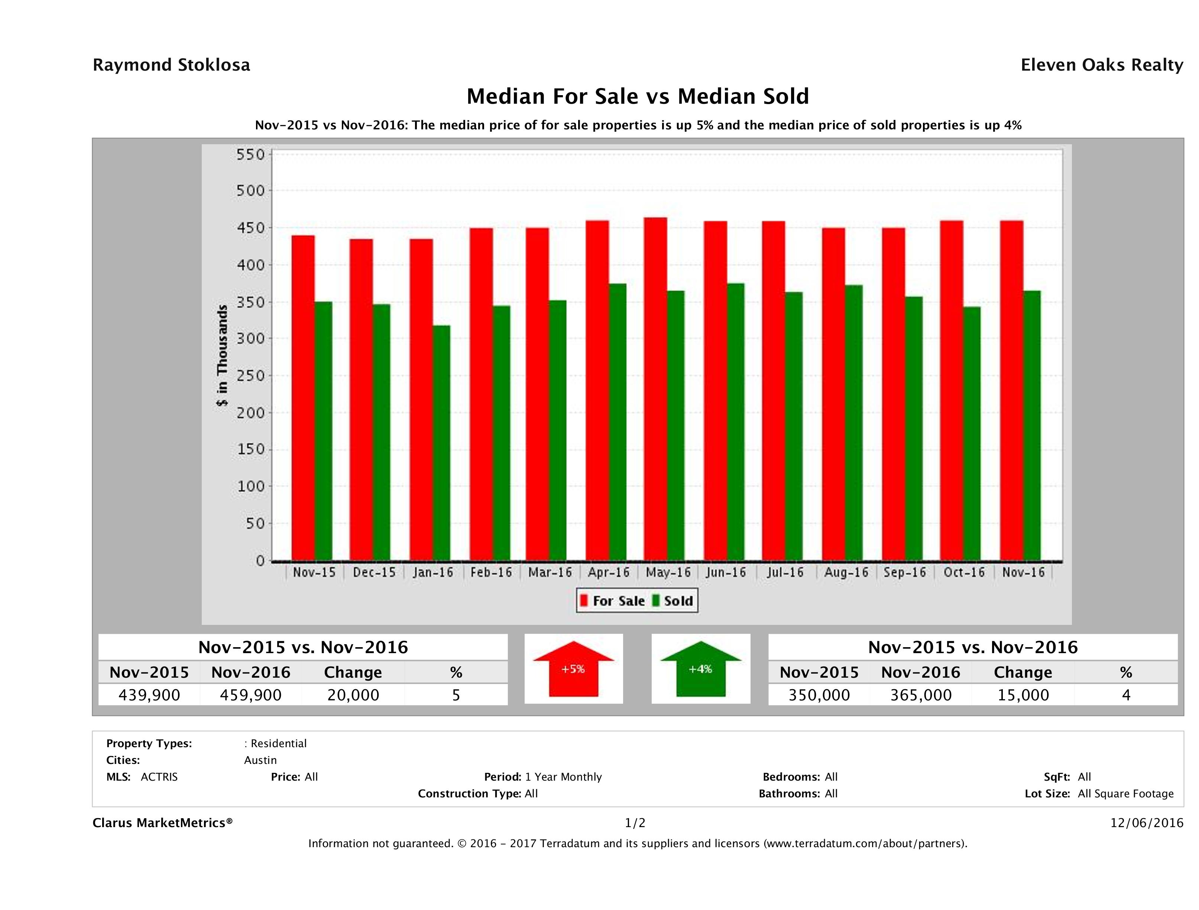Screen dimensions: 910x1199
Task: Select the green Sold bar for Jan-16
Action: pos(441,442)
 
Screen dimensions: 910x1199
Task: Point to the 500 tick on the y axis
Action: pos(250,191)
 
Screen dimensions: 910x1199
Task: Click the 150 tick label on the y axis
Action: pos(250,449)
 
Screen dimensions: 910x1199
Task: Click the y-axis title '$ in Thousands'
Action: pos(222,356)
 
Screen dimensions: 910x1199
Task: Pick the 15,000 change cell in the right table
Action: pos(1023,695)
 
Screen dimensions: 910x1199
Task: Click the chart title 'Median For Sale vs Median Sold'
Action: pos(638,97)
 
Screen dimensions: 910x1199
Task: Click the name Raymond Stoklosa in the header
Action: pos(171,65)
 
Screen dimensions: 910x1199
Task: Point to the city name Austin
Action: pos(260,760)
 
